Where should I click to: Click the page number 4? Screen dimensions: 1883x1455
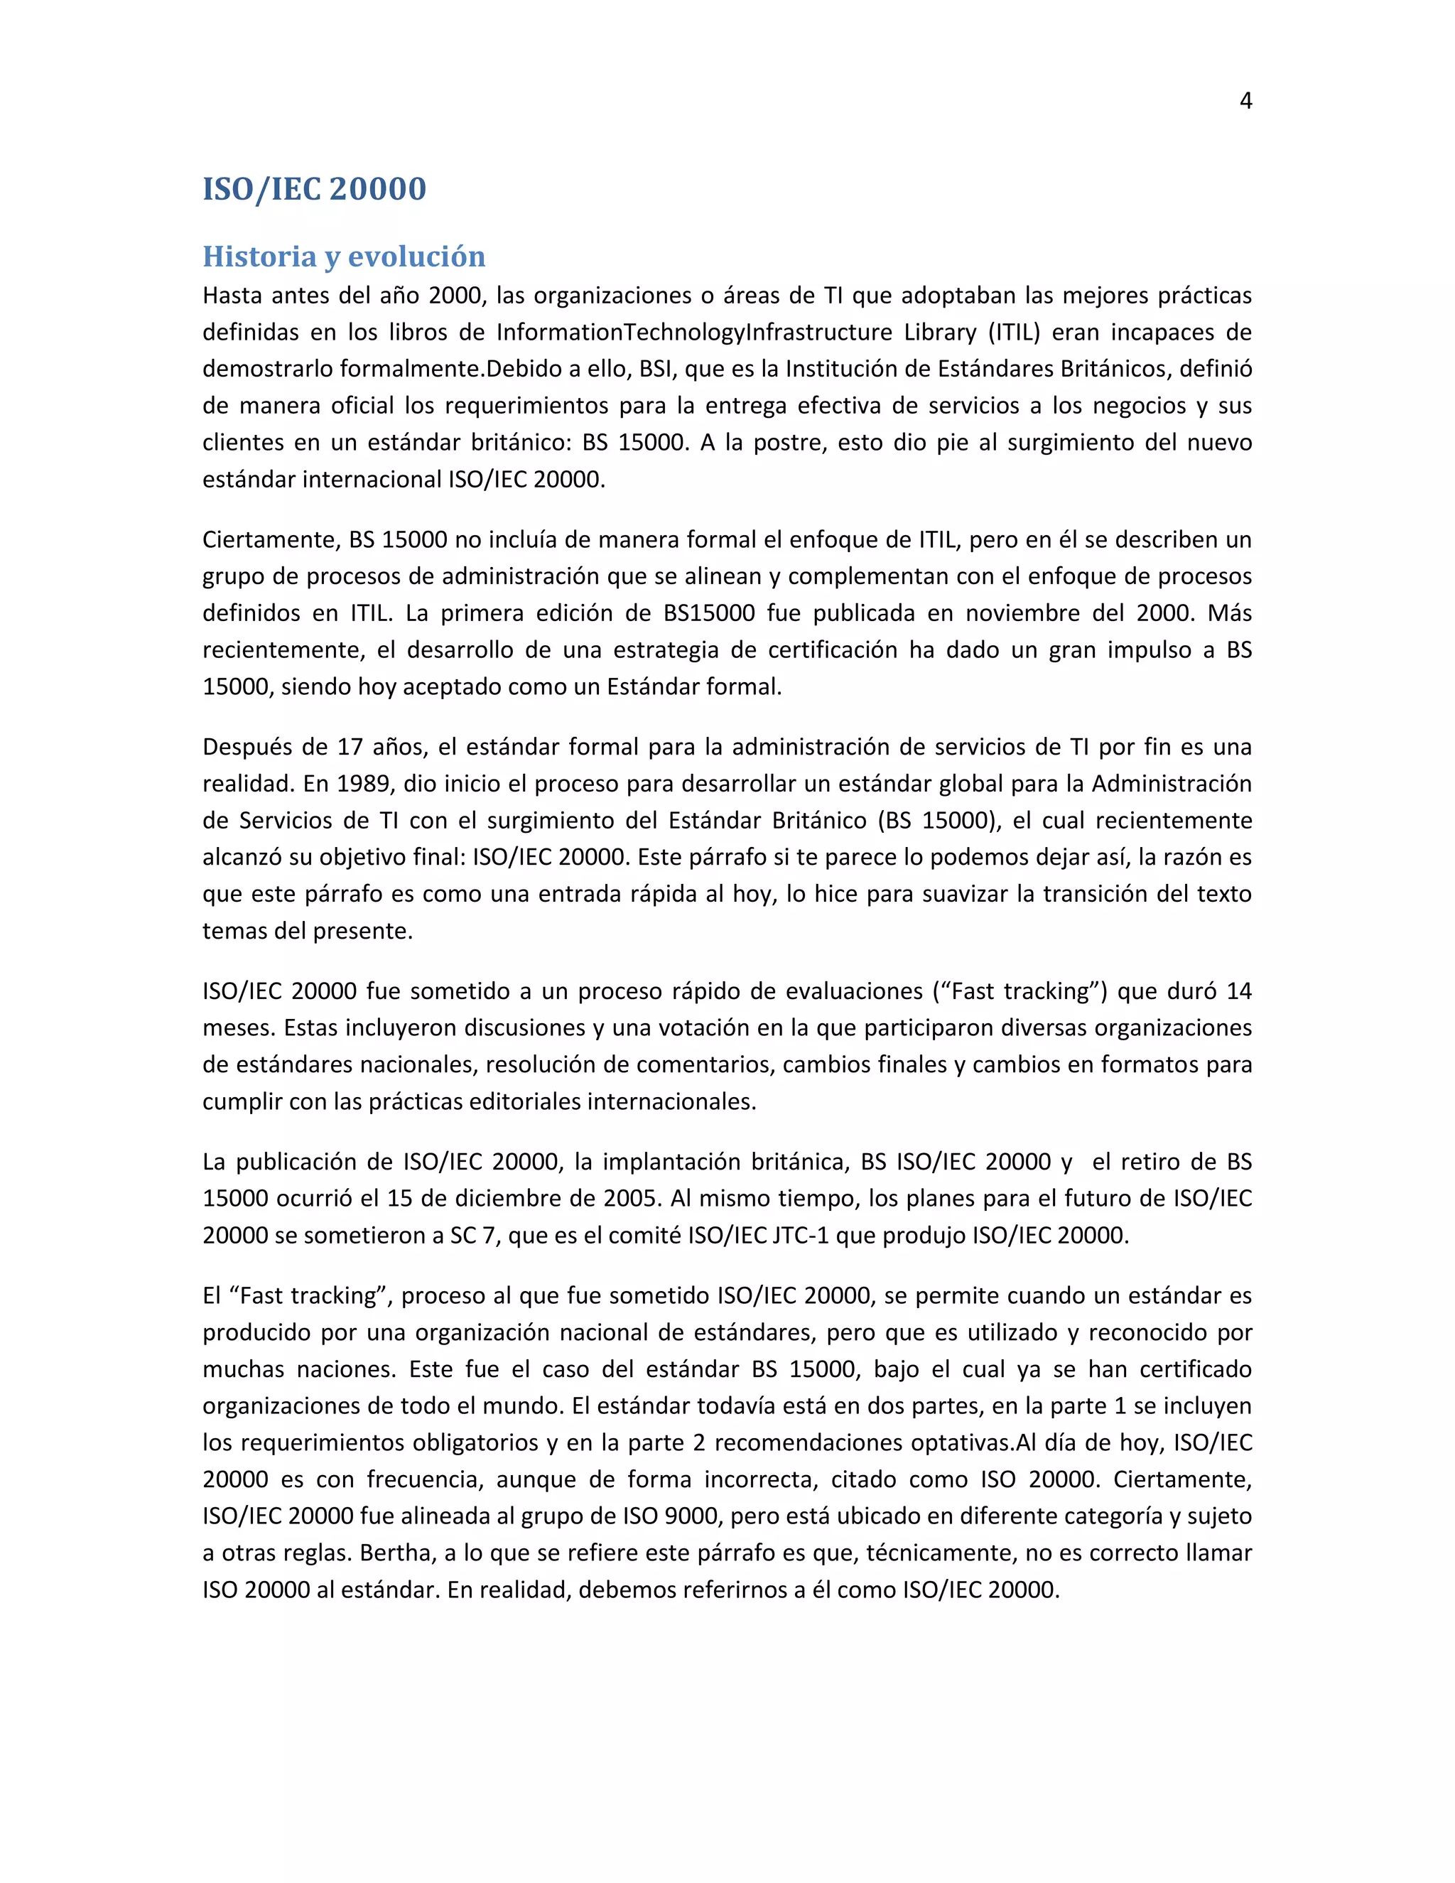pyautogui.click(x=1245, y=101)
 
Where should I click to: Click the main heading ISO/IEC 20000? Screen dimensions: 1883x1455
pyautogui.click(x=314, y=189)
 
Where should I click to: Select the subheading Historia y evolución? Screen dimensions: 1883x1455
pyautogui.click(x=344, y=256)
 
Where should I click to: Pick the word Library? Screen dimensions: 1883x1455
pyautogui.click(x=941, y=332)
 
